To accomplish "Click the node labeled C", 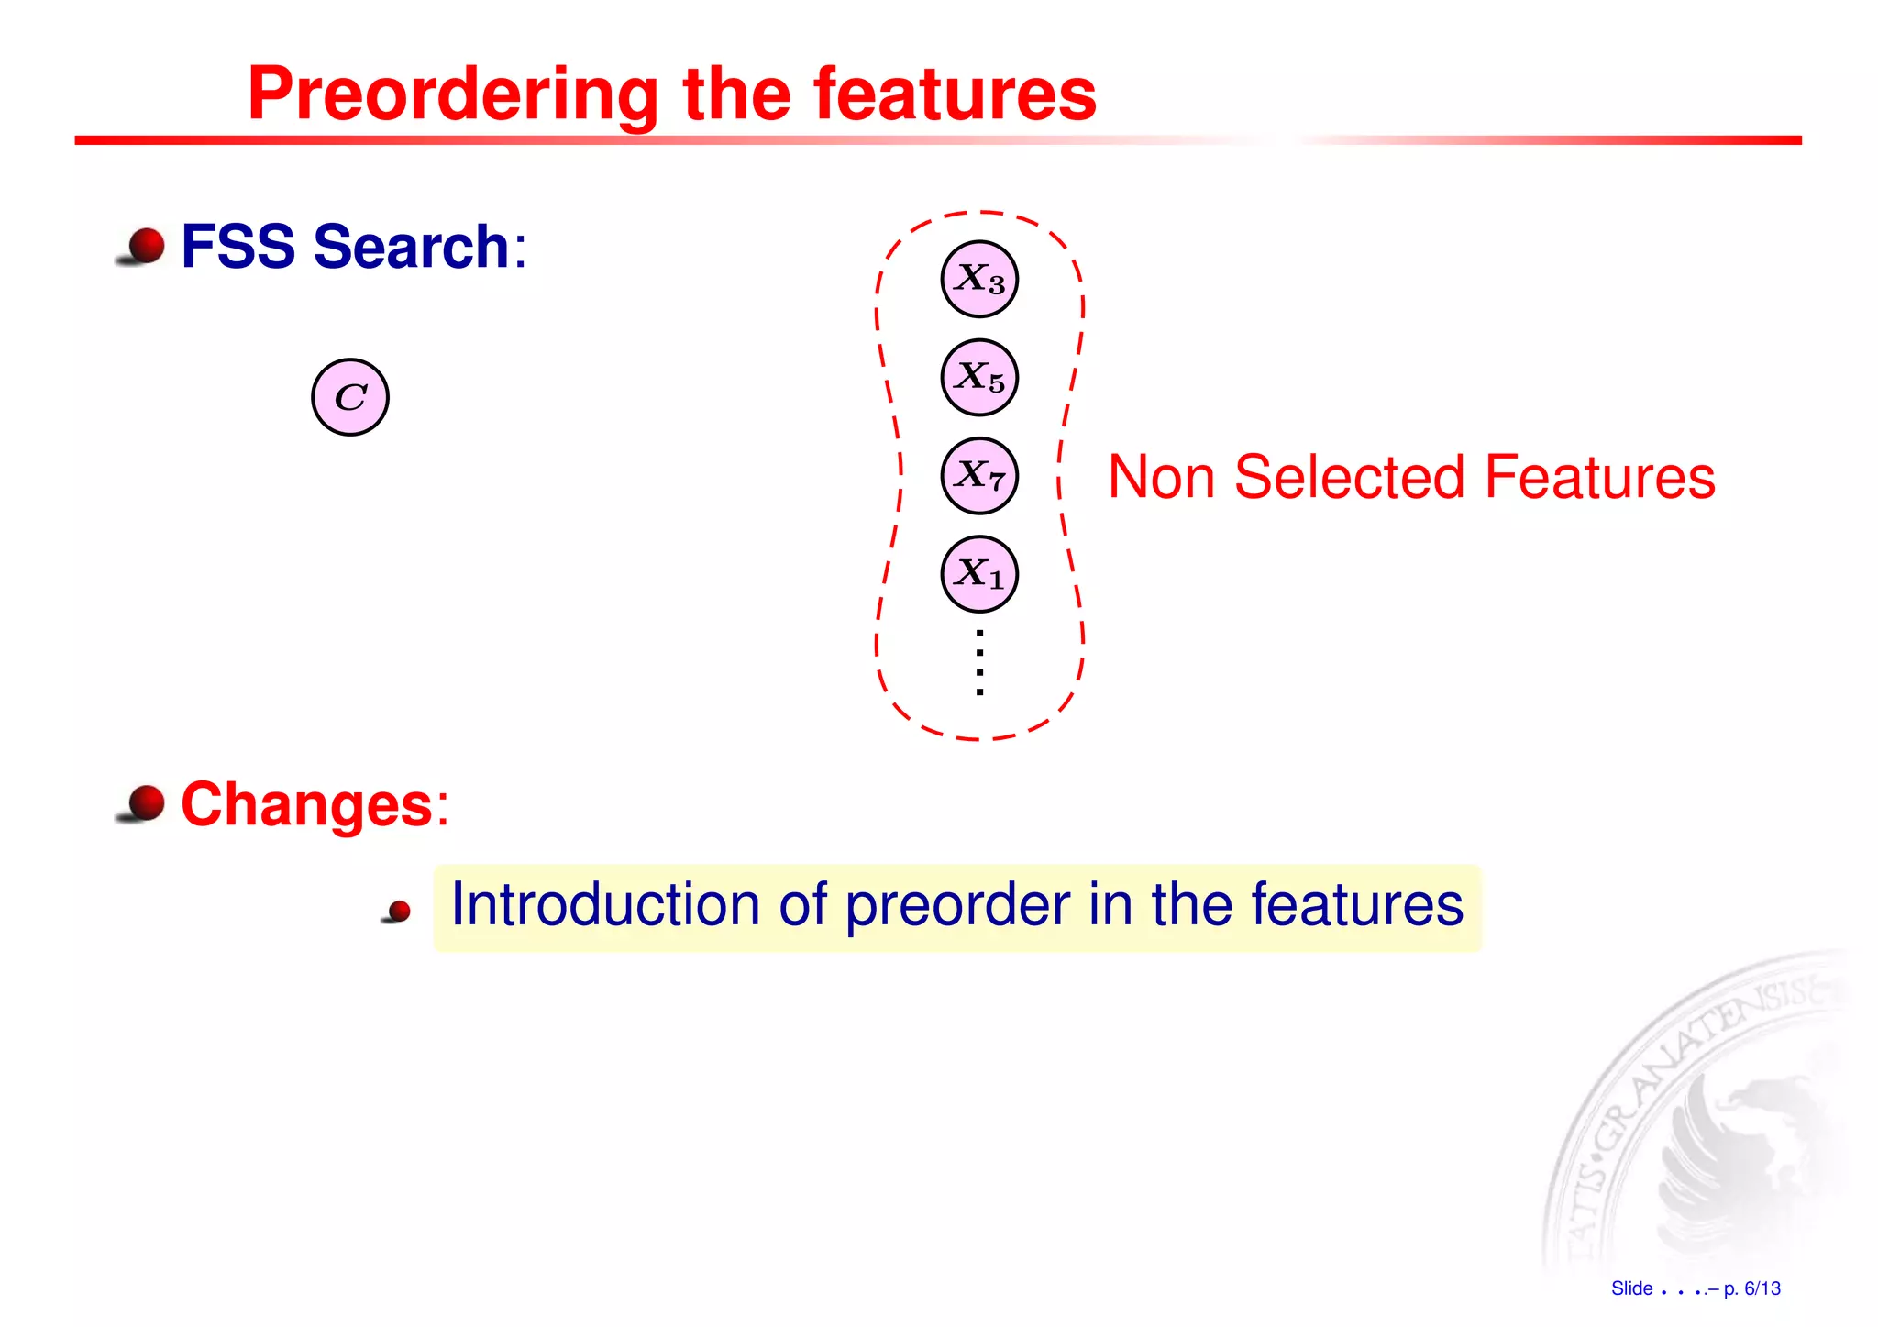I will pos(350,397).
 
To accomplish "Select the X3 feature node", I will pos(979,279).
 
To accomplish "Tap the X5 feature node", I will pos(979,377).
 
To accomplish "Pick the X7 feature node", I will pos(979,475).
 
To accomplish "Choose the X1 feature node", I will pos(979,574).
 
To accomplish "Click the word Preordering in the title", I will pos(453,95).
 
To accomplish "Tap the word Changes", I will pos(306,804).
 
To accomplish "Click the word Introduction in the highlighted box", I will pos(605,905).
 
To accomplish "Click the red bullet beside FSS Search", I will pos(145,246).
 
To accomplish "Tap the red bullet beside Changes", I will pos(145,803).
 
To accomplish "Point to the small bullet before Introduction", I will pos(399,912).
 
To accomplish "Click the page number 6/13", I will pos(1762,1288).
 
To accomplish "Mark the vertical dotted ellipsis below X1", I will pos(980,662).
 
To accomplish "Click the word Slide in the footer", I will pos(1631,1288).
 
